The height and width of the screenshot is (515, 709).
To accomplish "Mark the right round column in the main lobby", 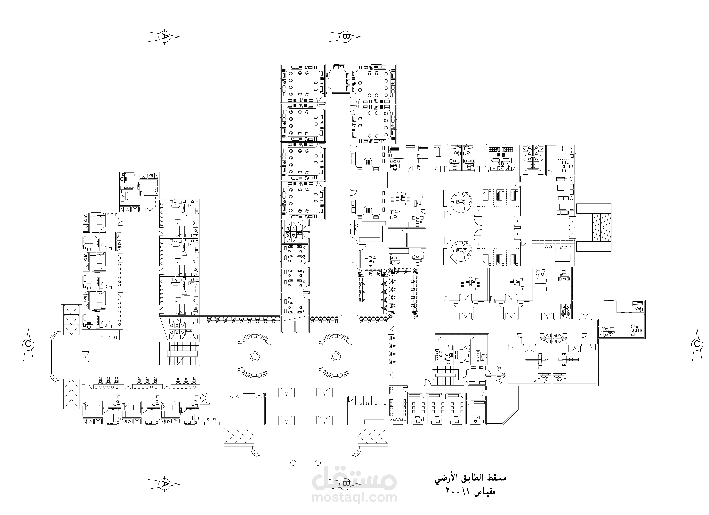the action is tap(335, 356).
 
